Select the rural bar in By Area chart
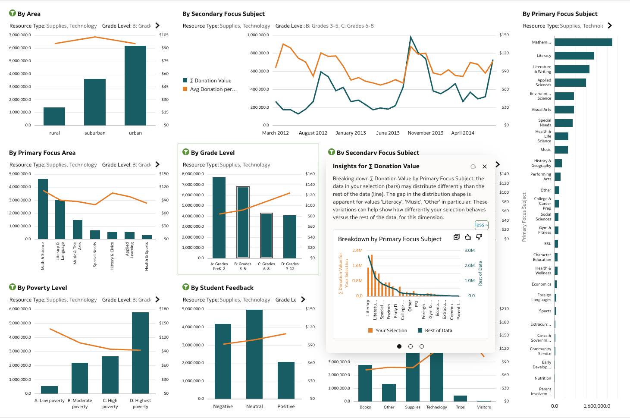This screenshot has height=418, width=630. pos(54,116)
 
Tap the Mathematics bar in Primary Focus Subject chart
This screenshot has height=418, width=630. pos(583,42)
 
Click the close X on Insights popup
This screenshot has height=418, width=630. pos(485,167)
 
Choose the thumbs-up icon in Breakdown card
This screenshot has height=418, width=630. pos(468,237)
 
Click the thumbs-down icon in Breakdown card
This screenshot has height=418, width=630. pos(479,237)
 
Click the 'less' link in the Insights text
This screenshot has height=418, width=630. pos(481,225)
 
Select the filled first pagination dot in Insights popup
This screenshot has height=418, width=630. pos(399,346)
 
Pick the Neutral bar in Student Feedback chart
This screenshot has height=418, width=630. pos(254,354)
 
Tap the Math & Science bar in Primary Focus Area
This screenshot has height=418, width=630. pos(43,209)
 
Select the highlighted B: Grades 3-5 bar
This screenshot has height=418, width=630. pos(243,222)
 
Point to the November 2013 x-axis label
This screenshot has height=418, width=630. pos(425,133)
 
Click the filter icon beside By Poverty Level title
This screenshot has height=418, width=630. pos(13,287)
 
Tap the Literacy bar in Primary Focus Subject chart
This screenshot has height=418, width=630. pos(574,56)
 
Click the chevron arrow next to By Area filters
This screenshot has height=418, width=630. pos(157,26)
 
